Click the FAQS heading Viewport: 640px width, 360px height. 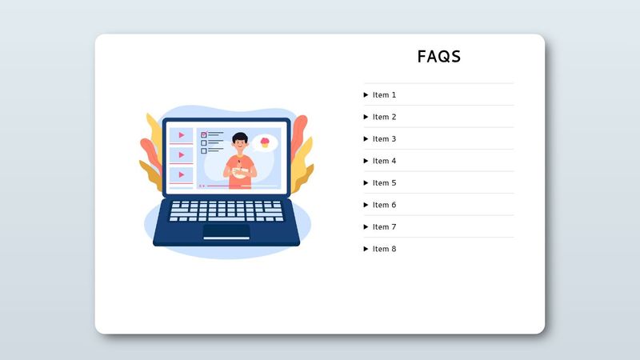coord(439,57)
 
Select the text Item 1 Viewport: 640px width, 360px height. coord(384,95)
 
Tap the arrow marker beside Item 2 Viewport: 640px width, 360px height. coord(366,117)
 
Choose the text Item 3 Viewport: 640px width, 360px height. coord(384,139)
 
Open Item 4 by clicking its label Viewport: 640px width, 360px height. coord(384,161)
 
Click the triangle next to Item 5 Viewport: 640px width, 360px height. coord(366,183)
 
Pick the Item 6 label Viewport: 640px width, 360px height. coord(384,205)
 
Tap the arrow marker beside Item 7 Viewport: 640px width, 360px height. coord(366,227)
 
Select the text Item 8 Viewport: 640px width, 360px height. coord(384,249)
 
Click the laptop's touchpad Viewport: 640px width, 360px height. coord(226,231)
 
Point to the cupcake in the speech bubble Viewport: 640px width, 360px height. coord(265,142)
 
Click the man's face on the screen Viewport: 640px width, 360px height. coord(240,145)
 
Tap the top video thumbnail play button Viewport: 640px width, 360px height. coord(182,135)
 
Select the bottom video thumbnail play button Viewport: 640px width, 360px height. coord(182,174)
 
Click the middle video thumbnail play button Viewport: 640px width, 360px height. coord(182,154)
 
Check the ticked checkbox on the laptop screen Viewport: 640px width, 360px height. coord(204,135)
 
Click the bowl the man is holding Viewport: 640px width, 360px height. coord(238,170)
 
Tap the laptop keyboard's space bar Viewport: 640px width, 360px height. coord(226,218)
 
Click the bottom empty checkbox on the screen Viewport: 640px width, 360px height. coord(204,150)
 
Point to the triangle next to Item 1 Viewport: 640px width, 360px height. coord(366,95)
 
